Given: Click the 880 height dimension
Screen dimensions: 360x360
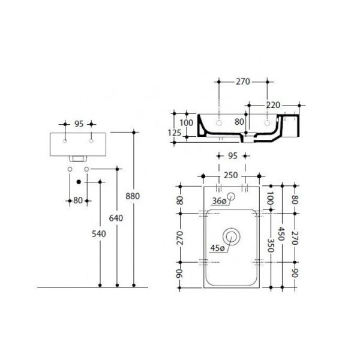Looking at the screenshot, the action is click(x=133, y=196).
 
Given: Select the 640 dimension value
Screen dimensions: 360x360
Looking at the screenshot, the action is click(x=116, y=218).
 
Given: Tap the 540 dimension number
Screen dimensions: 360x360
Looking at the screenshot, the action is click(x=99, y=234).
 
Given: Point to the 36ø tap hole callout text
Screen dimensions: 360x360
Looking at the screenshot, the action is click(x=219, y=201).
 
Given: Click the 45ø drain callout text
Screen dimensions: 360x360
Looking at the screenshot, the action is click(x=217, y=248).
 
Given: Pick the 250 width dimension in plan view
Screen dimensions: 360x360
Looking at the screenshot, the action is click(x=231, y=175).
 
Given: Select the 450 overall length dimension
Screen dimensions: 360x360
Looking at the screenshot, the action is click(x=281, y=234).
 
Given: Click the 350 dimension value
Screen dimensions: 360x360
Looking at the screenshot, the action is click(x=271, y=245).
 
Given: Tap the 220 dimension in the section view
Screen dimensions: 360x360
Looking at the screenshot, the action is click(x=273, y=105).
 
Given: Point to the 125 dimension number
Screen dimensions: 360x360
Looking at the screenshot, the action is click(x=175, y=133).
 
